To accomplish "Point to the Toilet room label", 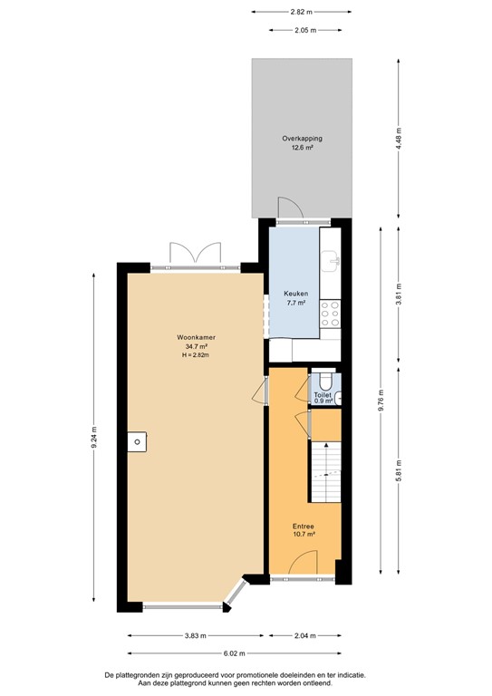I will click(x=323, y=396).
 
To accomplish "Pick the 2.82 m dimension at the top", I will click(x=302, y=12).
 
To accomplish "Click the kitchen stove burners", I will click(x=333, y=314).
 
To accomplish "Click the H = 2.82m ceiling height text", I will click(x=193, y=354).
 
